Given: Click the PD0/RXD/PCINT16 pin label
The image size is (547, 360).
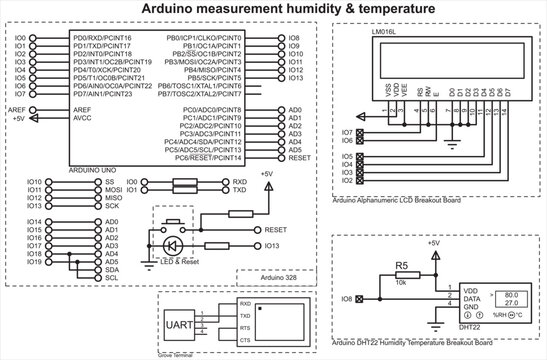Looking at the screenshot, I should (x=102, y=37).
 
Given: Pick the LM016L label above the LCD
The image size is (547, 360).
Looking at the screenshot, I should (x=356, y=33).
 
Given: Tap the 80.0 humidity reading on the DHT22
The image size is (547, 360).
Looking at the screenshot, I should (x=483, y=295).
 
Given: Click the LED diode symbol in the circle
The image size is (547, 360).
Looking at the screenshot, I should (x=169, y=244).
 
